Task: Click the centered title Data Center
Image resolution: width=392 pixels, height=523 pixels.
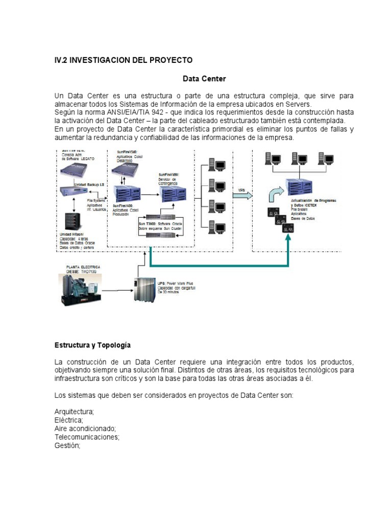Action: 204,79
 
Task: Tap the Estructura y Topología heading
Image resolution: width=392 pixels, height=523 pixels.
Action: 93,345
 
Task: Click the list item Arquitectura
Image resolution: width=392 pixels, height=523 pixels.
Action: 75,412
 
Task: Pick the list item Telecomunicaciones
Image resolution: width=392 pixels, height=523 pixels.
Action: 87,437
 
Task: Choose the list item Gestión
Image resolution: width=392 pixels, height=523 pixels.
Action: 67,445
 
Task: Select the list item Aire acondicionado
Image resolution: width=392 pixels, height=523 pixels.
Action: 85,429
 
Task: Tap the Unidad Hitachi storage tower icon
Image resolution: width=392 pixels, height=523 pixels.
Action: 69,221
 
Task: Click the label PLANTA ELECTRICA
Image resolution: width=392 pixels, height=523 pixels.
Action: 83,267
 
